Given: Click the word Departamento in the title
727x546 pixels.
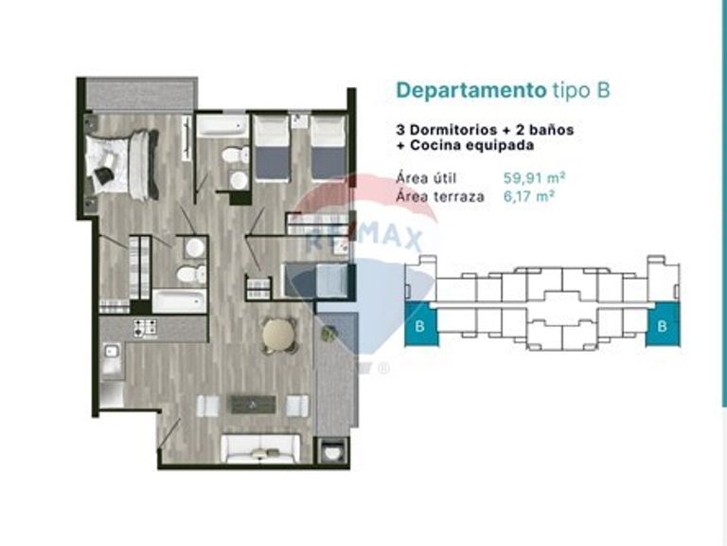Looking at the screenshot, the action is [x=471, y=91].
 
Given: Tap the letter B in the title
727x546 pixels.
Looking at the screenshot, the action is [x=603, y=90].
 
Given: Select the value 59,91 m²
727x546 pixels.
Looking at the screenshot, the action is [x=534, y=178].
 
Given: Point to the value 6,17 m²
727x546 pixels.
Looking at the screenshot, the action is [x=529, y=196].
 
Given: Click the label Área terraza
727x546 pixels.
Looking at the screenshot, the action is [x=440, y=196].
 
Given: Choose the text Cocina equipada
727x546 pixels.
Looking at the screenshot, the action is [x=472, y=145].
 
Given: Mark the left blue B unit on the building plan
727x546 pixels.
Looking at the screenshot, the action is [x=421, y=324].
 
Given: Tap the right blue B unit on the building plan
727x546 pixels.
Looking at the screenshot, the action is [x=663, y=324].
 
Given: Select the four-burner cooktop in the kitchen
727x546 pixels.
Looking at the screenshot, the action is [x=145, y=328].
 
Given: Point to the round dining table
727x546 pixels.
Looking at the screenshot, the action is [x=278, y=334].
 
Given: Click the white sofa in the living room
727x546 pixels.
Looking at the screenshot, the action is [x=260, y=448].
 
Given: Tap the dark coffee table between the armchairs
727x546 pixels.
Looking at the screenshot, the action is [x=253, y=405].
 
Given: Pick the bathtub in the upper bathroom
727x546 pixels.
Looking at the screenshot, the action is [x=223, y=126].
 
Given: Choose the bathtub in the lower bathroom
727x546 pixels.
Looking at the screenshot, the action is [x=180, y=300].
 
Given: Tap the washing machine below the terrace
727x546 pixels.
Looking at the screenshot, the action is [x=331, y=450].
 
